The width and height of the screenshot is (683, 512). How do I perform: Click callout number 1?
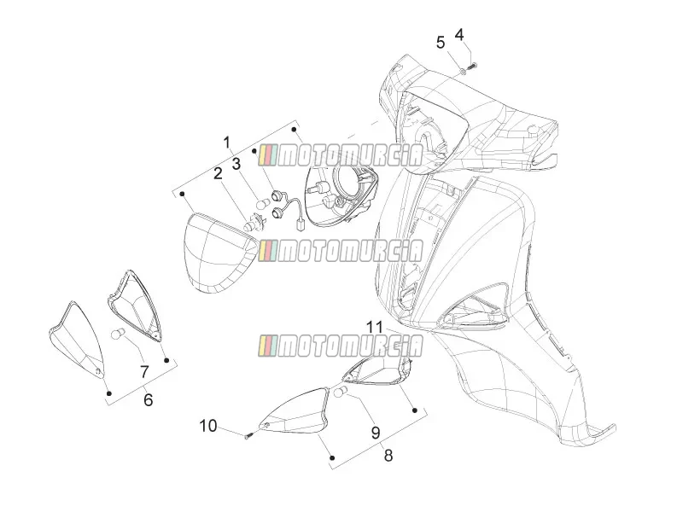pos(226,143)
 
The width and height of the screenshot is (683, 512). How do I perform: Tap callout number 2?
pos(218,174)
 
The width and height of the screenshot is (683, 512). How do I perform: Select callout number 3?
pos(236,164)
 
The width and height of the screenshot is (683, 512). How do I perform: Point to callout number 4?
pos(459,34)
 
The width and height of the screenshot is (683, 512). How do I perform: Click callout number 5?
pos(441,43)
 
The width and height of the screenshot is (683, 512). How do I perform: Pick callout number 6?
pos(149,399)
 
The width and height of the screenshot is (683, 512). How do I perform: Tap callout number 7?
pos(144,372)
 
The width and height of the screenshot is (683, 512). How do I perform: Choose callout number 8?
pos(388,456)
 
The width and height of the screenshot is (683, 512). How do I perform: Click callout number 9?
pos(376,433)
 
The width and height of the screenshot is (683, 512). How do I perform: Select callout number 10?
pos(208,426)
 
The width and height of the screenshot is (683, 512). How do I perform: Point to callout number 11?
pos(374,327)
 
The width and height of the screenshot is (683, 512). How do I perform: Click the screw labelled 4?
pos(472,67)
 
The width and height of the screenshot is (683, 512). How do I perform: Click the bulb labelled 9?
pos(340,392)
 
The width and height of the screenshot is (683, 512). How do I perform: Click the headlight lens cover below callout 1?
pos(220,253)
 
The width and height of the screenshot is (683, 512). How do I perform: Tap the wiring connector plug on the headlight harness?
pos(300,227)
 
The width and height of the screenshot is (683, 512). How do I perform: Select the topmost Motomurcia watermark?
pos(341,155)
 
